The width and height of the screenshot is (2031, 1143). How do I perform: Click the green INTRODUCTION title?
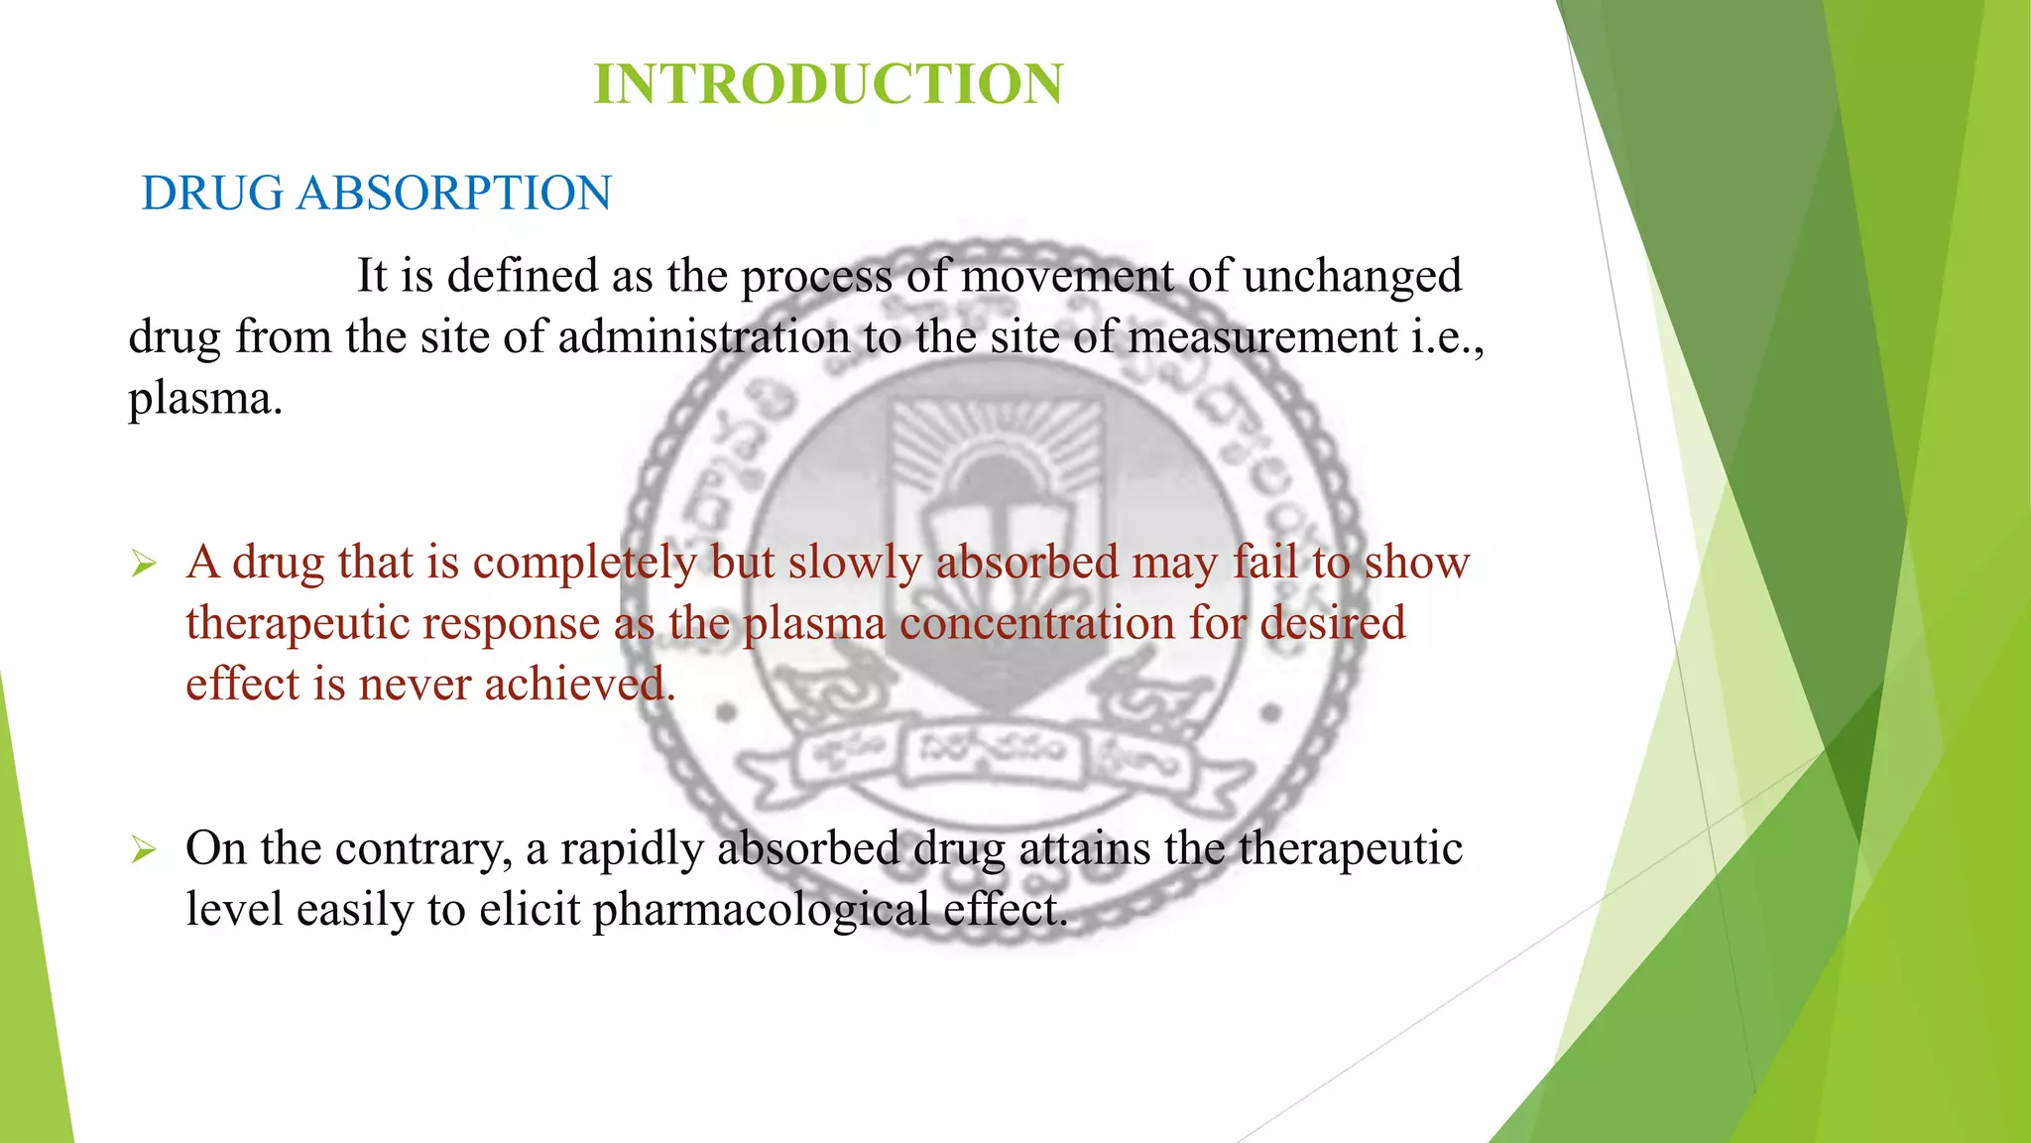coord(828,83)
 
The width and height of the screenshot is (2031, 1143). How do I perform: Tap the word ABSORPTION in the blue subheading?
coord(453,192)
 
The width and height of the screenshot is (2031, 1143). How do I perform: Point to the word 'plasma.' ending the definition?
coord(205,400)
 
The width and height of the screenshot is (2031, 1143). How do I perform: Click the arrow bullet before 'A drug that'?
coord(145,566)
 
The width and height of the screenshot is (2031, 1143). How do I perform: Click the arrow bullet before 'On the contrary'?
coord(145,850)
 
